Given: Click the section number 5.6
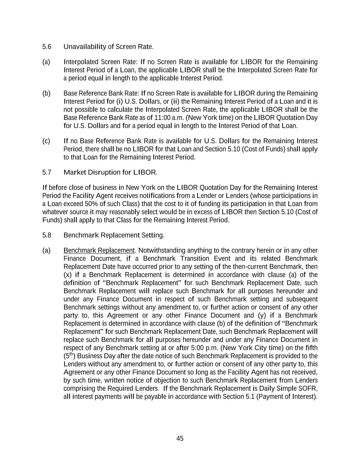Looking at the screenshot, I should [x=47, y=47].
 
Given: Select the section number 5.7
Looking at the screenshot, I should [x=47, y=172].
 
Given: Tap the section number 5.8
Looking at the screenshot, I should [x=47, y=235].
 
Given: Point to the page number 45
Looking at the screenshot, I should [x=180, y=439].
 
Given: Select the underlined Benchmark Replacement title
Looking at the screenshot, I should [x=99, y=251].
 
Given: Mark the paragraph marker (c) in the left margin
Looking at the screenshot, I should [x=46, y=141].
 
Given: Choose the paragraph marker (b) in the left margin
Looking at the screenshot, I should [x=46, y=94].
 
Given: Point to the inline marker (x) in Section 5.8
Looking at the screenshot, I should [x=67, y=275].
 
